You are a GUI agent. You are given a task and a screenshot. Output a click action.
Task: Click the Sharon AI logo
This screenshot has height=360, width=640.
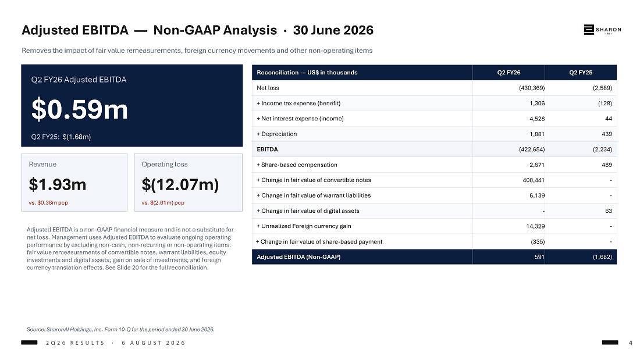tap(602, 30)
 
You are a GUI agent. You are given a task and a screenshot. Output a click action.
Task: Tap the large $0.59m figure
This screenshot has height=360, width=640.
tap(80, 109)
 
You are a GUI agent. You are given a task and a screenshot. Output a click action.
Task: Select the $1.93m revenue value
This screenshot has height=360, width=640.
tap(58, 184)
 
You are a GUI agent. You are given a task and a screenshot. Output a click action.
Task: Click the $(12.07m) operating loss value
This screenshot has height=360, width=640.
tap(180, 184)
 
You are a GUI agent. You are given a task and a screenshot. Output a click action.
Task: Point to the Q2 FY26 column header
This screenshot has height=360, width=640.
tap(509, 73)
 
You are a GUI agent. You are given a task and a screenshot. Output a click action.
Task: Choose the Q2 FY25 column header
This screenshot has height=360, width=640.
tap(581, 73)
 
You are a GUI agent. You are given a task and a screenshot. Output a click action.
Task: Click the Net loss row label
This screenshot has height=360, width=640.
tap(268, 88)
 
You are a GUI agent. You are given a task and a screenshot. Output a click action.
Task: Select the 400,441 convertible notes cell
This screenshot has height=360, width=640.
tap(534, 180)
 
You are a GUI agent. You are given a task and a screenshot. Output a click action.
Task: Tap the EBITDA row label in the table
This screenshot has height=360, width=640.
tap(268, 149)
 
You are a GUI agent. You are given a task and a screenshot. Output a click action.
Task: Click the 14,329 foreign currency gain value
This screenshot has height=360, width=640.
tap(535, 226)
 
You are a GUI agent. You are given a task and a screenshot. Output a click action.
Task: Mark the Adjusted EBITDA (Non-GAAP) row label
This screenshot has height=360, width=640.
tap(298, 256)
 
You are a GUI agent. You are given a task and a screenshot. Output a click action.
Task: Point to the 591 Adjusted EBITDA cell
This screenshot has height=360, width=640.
tap(539, 256)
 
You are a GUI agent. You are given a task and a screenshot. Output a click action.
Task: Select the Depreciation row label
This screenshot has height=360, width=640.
tap(277, 134)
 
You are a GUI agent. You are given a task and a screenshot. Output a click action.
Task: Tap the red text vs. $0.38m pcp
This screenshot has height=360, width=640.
tap(48, 202)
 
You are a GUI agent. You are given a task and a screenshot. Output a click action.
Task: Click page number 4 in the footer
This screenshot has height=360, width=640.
tap(631, 343)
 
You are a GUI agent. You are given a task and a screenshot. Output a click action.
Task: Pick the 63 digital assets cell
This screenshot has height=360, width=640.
tap(609, 211)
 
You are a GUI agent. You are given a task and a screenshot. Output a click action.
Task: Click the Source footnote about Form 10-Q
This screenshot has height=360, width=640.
tap(120, 329)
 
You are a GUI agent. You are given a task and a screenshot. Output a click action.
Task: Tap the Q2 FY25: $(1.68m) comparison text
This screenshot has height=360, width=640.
tap(61, 137)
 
